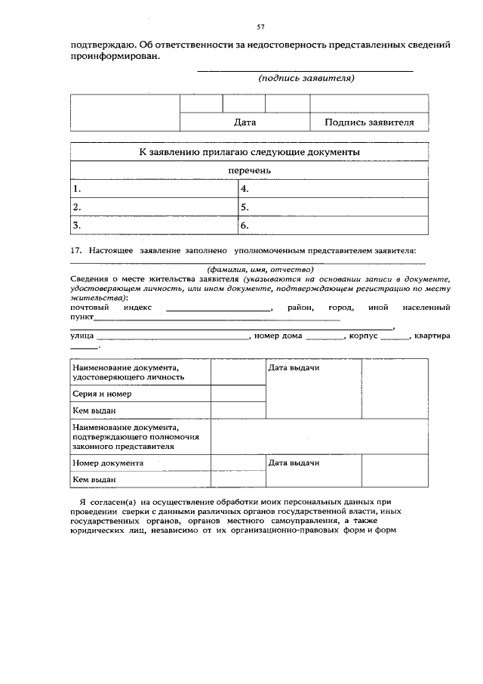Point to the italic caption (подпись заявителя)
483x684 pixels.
click(306, 78)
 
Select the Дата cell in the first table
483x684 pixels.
click(245, 122)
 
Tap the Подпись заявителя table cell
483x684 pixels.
click(369, 122)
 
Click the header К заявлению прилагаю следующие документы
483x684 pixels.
click(249, 152)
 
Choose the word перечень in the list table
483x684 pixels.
click(249, 171)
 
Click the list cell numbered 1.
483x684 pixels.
click(154, 189)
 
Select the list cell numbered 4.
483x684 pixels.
click(333, 189)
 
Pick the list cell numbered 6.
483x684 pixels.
click(333, 225)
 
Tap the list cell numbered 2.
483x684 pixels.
click(154, 207)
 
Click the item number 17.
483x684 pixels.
click(75, 250)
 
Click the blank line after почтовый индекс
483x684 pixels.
click(219, 310)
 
